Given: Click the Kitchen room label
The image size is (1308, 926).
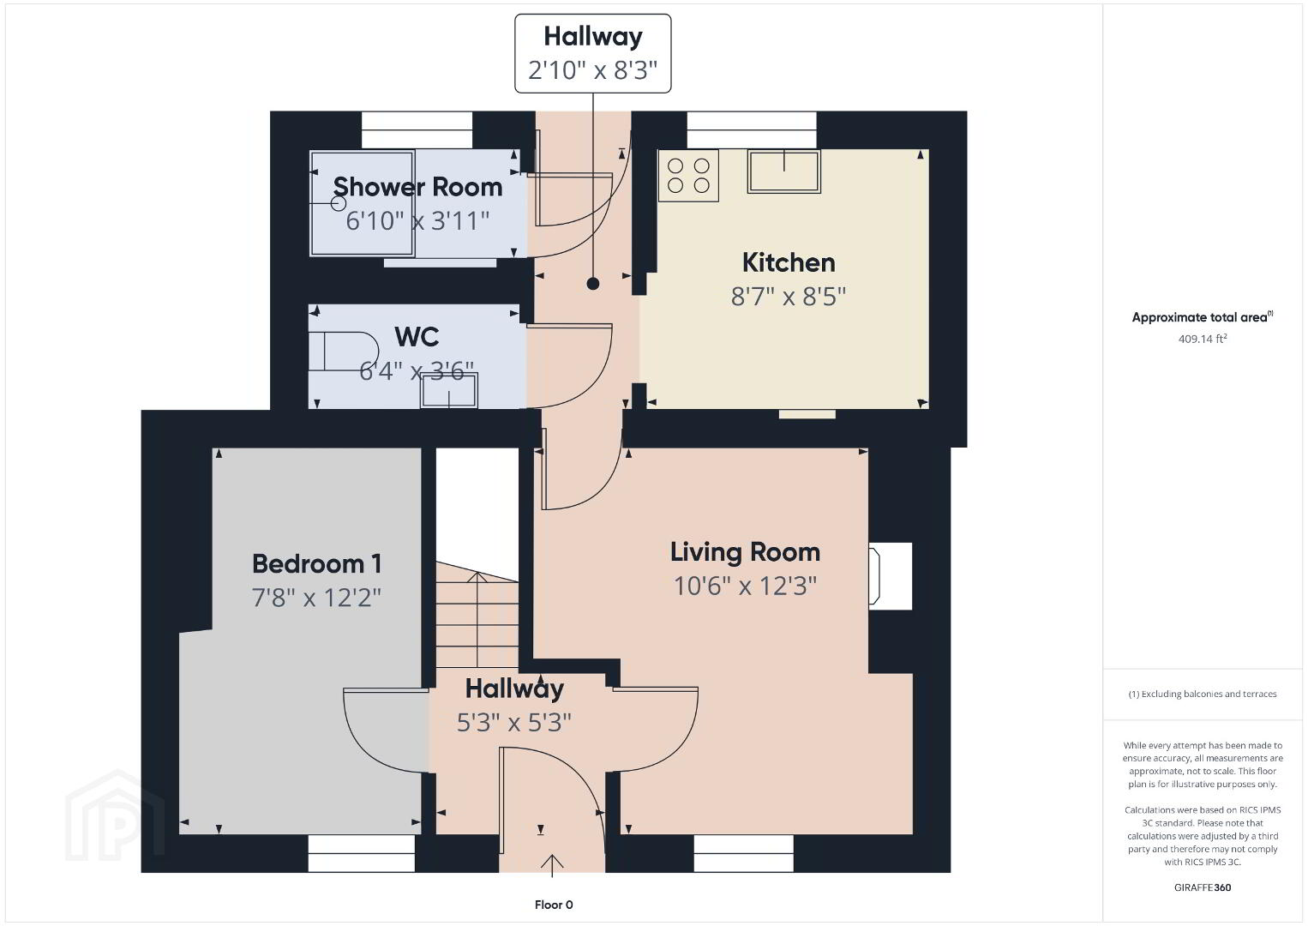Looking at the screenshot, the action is tap(789, 263).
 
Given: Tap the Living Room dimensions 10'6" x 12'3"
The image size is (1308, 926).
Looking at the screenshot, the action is tap(745, 586).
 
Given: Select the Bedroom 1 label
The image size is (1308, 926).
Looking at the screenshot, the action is tap(317, 564).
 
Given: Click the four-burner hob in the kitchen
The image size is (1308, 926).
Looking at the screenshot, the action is tap(688, 175).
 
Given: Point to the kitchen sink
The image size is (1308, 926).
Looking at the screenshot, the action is tap(784, 171).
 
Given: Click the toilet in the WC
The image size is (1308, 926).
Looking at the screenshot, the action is tap(344, 352).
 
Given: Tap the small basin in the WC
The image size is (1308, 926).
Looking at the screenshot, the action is tap(449, 390).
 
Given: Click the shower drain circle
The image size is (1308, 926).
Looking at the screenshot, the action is tap(339, 203).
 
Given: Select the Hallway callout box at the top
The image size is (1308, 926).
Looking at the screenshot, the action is tap(592, 53).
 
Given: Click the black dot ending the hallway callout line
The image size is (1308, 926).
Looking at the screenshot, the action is tap(592, 284).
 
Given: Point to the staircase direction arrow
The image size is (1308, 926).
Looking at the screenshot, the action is tap(477, 619).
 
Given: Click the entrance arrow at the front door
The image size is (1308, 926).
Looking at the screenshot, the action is tap(552, 865).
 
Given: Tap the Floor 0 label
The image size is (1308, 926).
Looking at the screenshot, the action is tap(554, 905).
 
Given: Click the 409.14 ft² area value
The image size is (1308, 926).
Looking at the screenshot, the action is tap(1203, 339).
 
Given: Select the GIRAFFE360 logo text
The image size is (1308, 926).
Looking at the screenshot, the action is tap(1203, 887).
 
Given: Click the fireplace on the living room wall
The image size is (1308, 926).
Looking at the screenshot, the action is tap(890, 576).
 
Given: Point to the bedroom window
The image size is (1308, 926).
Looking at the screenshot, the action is tap(362, 854).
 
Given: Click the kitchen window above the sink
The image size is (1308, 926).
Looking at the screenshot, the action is tap(752, 129).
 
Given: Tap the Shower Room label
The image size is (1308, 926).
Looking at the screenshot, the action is tap(417, 187).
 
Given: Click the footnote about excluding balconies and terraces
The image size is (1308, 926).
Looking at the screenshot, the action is tap(1203, 694).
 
